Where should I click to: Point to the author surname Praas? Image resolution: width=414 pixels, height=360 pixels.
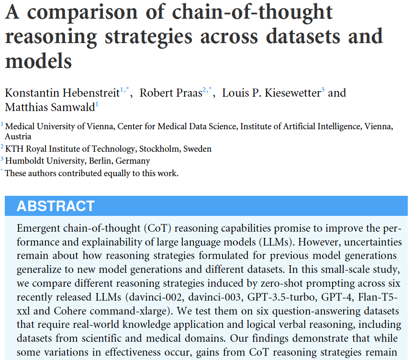coord(187,92)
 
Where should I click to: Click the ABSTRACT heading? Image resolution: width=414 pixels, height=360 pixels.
coord(56,206)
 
